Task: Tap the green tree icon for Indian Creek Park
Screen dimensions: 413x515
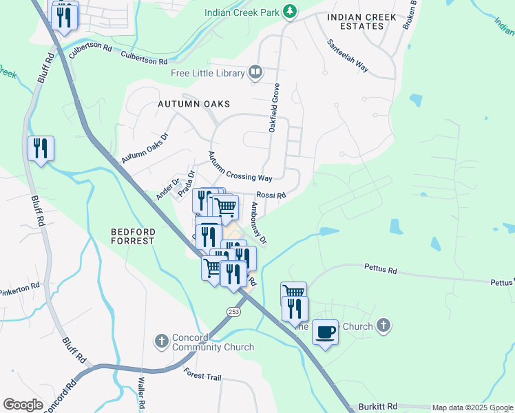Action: click(x=291, y=11)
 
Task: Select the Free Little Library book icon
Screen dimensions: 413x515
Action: click(x=255, y=72)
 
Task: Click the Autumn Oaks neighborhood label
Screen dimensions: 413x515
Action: click(x=193, y=104)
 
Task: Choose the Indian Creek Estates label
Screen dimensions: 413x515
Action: click(x=362, y=21)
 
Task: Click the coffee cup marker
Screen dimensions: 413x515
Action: click(x=325, y=332)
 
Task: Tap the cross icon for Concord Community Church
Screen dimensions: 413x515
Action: click(x=161, y=340)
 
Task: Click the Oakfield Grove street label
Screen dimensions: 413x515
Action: click(x=273, y=108)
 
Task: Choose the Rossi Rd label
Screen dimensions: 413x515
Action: click(x=271, y=195)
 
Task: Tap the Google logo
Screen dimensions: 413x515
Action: click(x=23, y=405)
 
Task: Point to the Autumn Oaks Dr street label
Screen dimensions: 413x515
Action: click(x=145, y=148)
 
